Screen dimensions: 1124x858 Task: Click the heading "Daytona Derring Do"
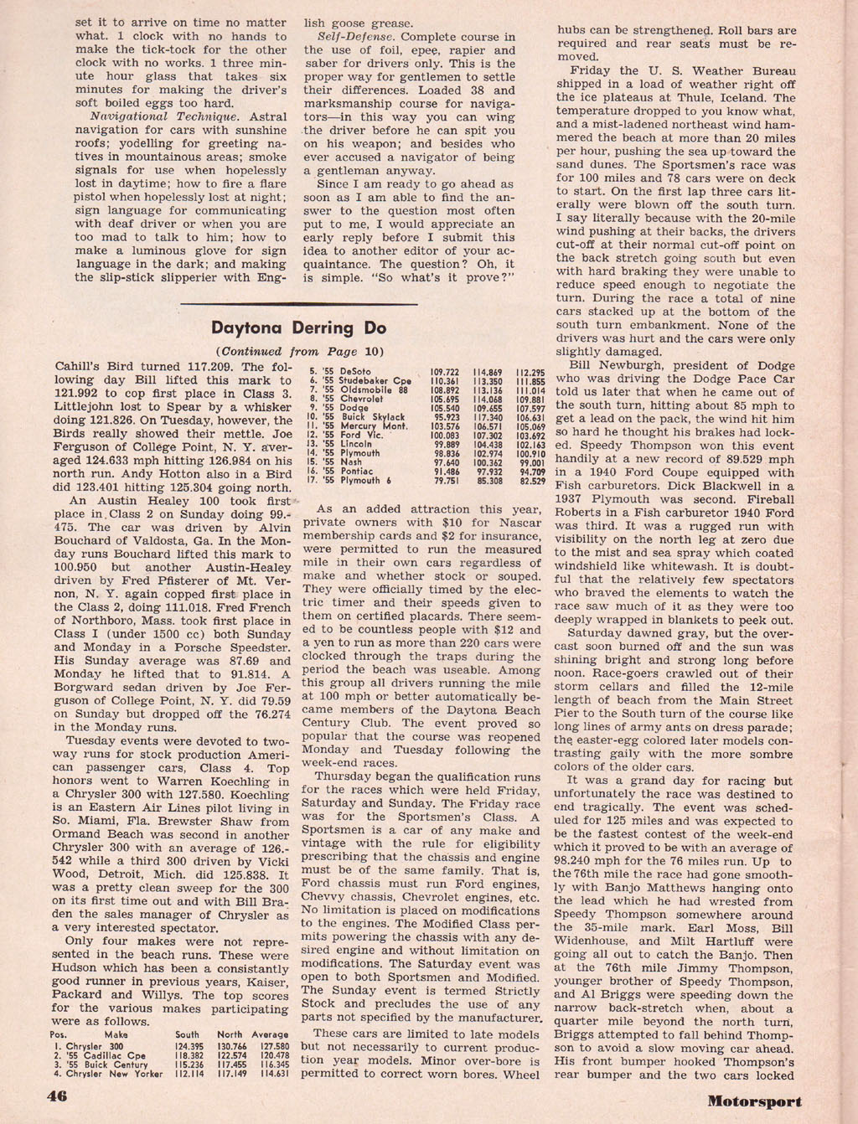tap(298, 327)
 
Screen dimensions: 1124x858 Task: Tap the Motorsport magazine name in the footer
tap(753, 1101)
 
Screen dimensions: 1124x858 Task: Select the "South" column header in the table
tap(187, 1034)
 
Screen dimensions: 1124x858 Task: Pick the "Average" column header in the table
tap(269, 1034)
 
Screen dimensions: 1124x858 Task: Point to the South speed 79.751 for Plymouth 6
tap(443, 481)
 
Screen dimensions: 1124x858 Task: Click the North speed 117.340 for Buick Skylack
tap(488, 416)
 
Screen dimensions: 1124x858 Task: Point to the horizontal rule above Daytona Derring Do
tap(298, 303)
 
